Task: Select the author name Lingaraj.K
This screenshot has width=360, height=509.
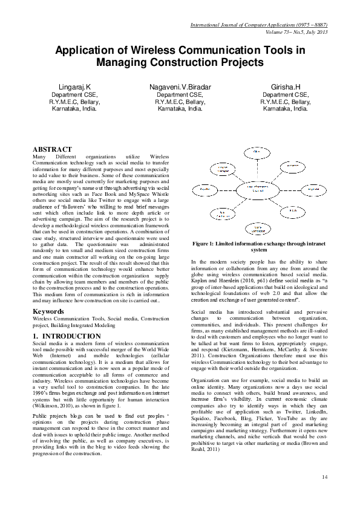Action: point(74,88)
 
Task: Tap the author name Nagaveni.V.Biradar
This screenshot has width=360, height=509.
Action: point(180,88)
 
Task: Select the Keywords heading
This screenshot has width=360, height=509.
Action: point(48,311)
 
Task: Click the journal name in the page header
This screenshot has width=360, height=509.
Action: point(259,25)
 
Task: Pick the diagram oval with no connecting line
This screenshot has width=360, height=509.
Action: point(258,229)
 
